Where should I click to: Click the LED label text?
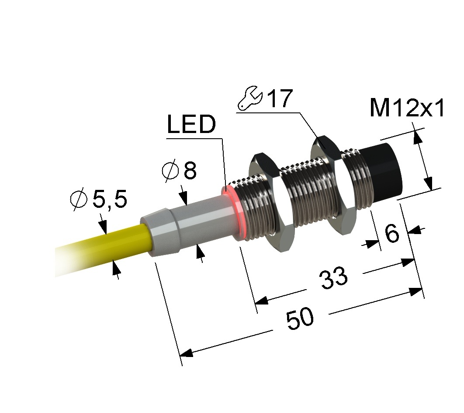point(191,124)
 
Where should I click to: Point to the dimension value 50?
point(300,318)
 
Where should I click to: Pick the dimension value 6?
point(392,233)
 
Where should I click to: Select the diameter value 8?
point(190,170)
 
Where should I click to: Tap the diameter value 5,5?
point(110,199)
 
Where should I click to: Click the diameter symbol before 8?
point(170,170)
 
